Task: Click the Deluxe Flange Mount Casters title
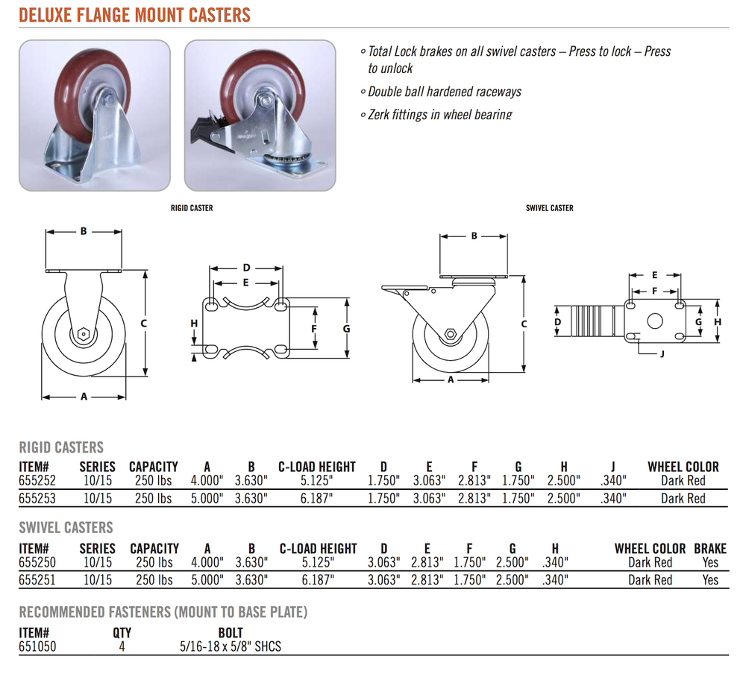click(134, 15)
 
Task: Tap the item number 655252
click(37, 480)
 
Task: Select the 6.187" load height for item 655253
click(316, 499)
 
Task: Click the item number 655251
click(37, 580)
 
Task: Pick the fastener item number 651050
click(37, 646)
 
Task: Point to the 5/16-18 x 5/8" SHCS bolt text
click(231, 646)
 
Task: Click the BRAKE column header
click(710, 549)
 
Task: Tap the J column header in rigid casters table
click(613, 467)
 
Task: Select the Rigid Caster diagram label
click(192, 208)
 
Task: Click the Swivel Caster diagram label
click(550, 208)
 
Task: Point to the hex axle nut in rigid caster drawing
click(84, 333)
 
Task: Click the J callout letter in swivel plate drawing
click(662, 354)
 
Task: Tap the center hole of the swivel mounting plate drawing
click(655, 321)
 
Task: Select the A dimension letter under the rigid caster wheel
click(84, 396)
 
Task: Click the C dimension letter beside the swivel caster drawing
click(524, 324)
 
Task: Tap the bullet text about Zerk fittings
click(440, 115)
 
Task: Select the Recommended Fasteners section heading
click(163, 611)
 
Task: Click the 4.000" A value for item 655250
click(207, 562)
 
